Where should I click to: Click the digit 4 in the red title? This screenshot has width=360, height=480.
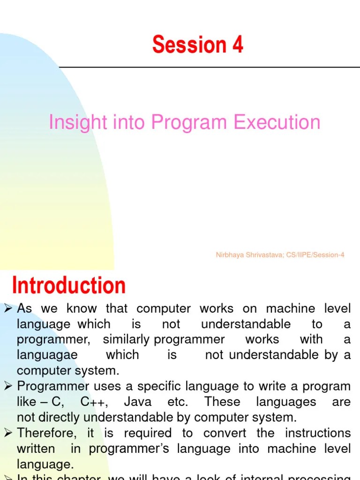click(237, 45)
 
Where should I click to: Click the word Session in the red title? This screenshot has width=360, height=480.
click(189, 45)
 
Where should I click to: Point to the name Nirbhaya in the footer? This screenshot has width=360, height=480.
click(229, 255)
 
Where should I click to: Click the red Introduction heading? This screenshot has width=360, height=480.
click(69, 285)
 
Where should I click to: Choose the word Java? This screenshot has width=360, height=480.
click(139, 402)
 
